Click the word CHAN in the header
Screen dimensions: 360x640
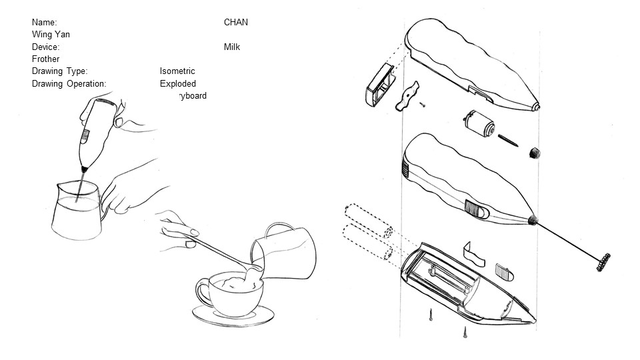coord(235,23)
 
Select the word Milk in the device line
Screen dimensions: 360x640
coord(232,47)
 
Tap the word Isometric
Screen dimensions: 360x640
coord(177,71)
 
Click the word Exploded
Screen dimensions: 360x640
coord(177,84)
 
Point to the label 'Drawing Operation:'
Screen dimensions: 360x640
coord(69,84)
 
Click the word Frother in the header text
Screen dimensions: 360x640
coord(45,59)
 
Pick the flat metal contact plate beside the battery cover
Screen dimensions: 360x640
coord(406,96)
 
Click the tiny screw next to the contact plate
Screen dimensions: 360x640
coord(423,103)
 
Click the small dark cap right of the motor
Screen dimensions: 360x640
coord(534,153)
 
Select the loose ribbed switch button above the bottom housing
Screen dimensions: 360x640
coord(503,273)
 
